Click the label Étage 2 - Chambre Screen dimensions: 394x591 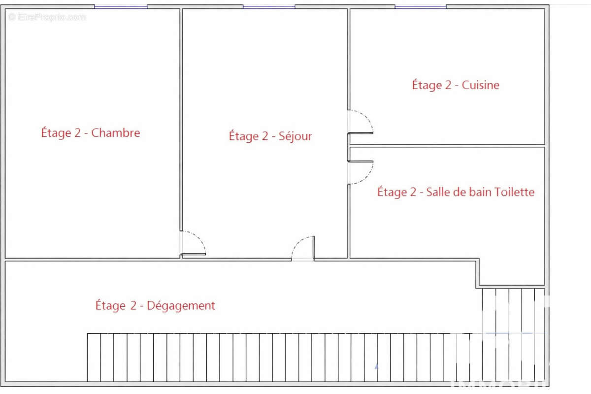coord(90,133)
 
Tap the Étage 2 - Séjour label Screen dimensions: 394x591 coord(270,136)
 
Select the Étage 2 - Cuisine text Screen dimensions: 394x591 coord(456,85)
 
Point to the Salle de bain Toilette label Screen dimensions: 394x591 coord(456,192)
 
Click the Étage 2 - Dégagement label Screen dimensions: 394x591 coord(155,306)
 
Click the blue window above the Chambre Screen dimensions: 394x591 coord(121,7)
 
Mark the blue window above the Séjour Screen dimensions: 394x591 coord(269,7)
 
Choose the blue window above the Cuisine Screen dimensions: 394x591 coord(421,7)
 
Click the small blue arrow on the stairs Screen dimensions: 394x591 coord(377,366)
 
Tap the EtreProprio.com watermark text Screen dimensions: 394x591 coord(47,17)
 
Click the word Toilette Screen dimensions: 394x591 coord(515,192)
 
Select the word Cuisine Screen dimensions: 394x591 coord(481,85)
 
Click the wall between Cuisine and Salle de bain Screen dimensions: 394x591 coord(447,146)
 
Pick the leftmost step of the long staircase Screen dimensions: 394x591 coord(94,357)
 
